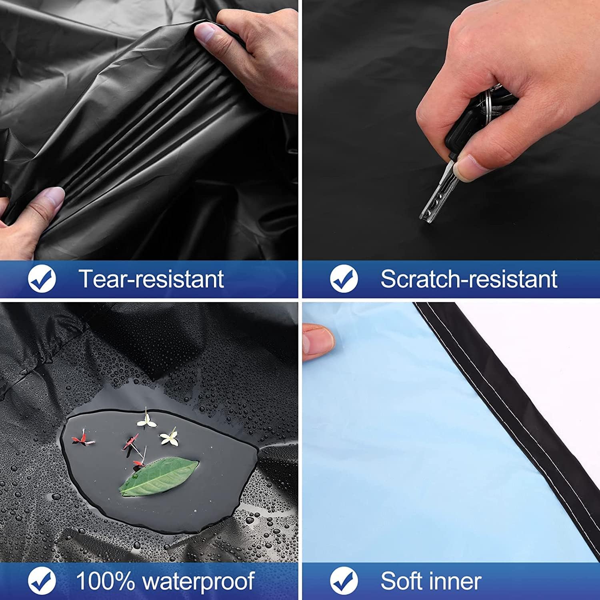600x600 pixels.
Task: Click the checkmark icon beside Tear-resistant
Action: (42, 279)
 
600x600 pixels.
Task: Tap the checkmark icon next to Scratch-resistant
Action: (344, 279)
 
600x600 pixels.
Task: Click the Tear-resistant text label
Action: (151, 279)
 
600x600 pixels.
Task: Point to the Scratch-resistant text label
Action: (469, 279)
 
